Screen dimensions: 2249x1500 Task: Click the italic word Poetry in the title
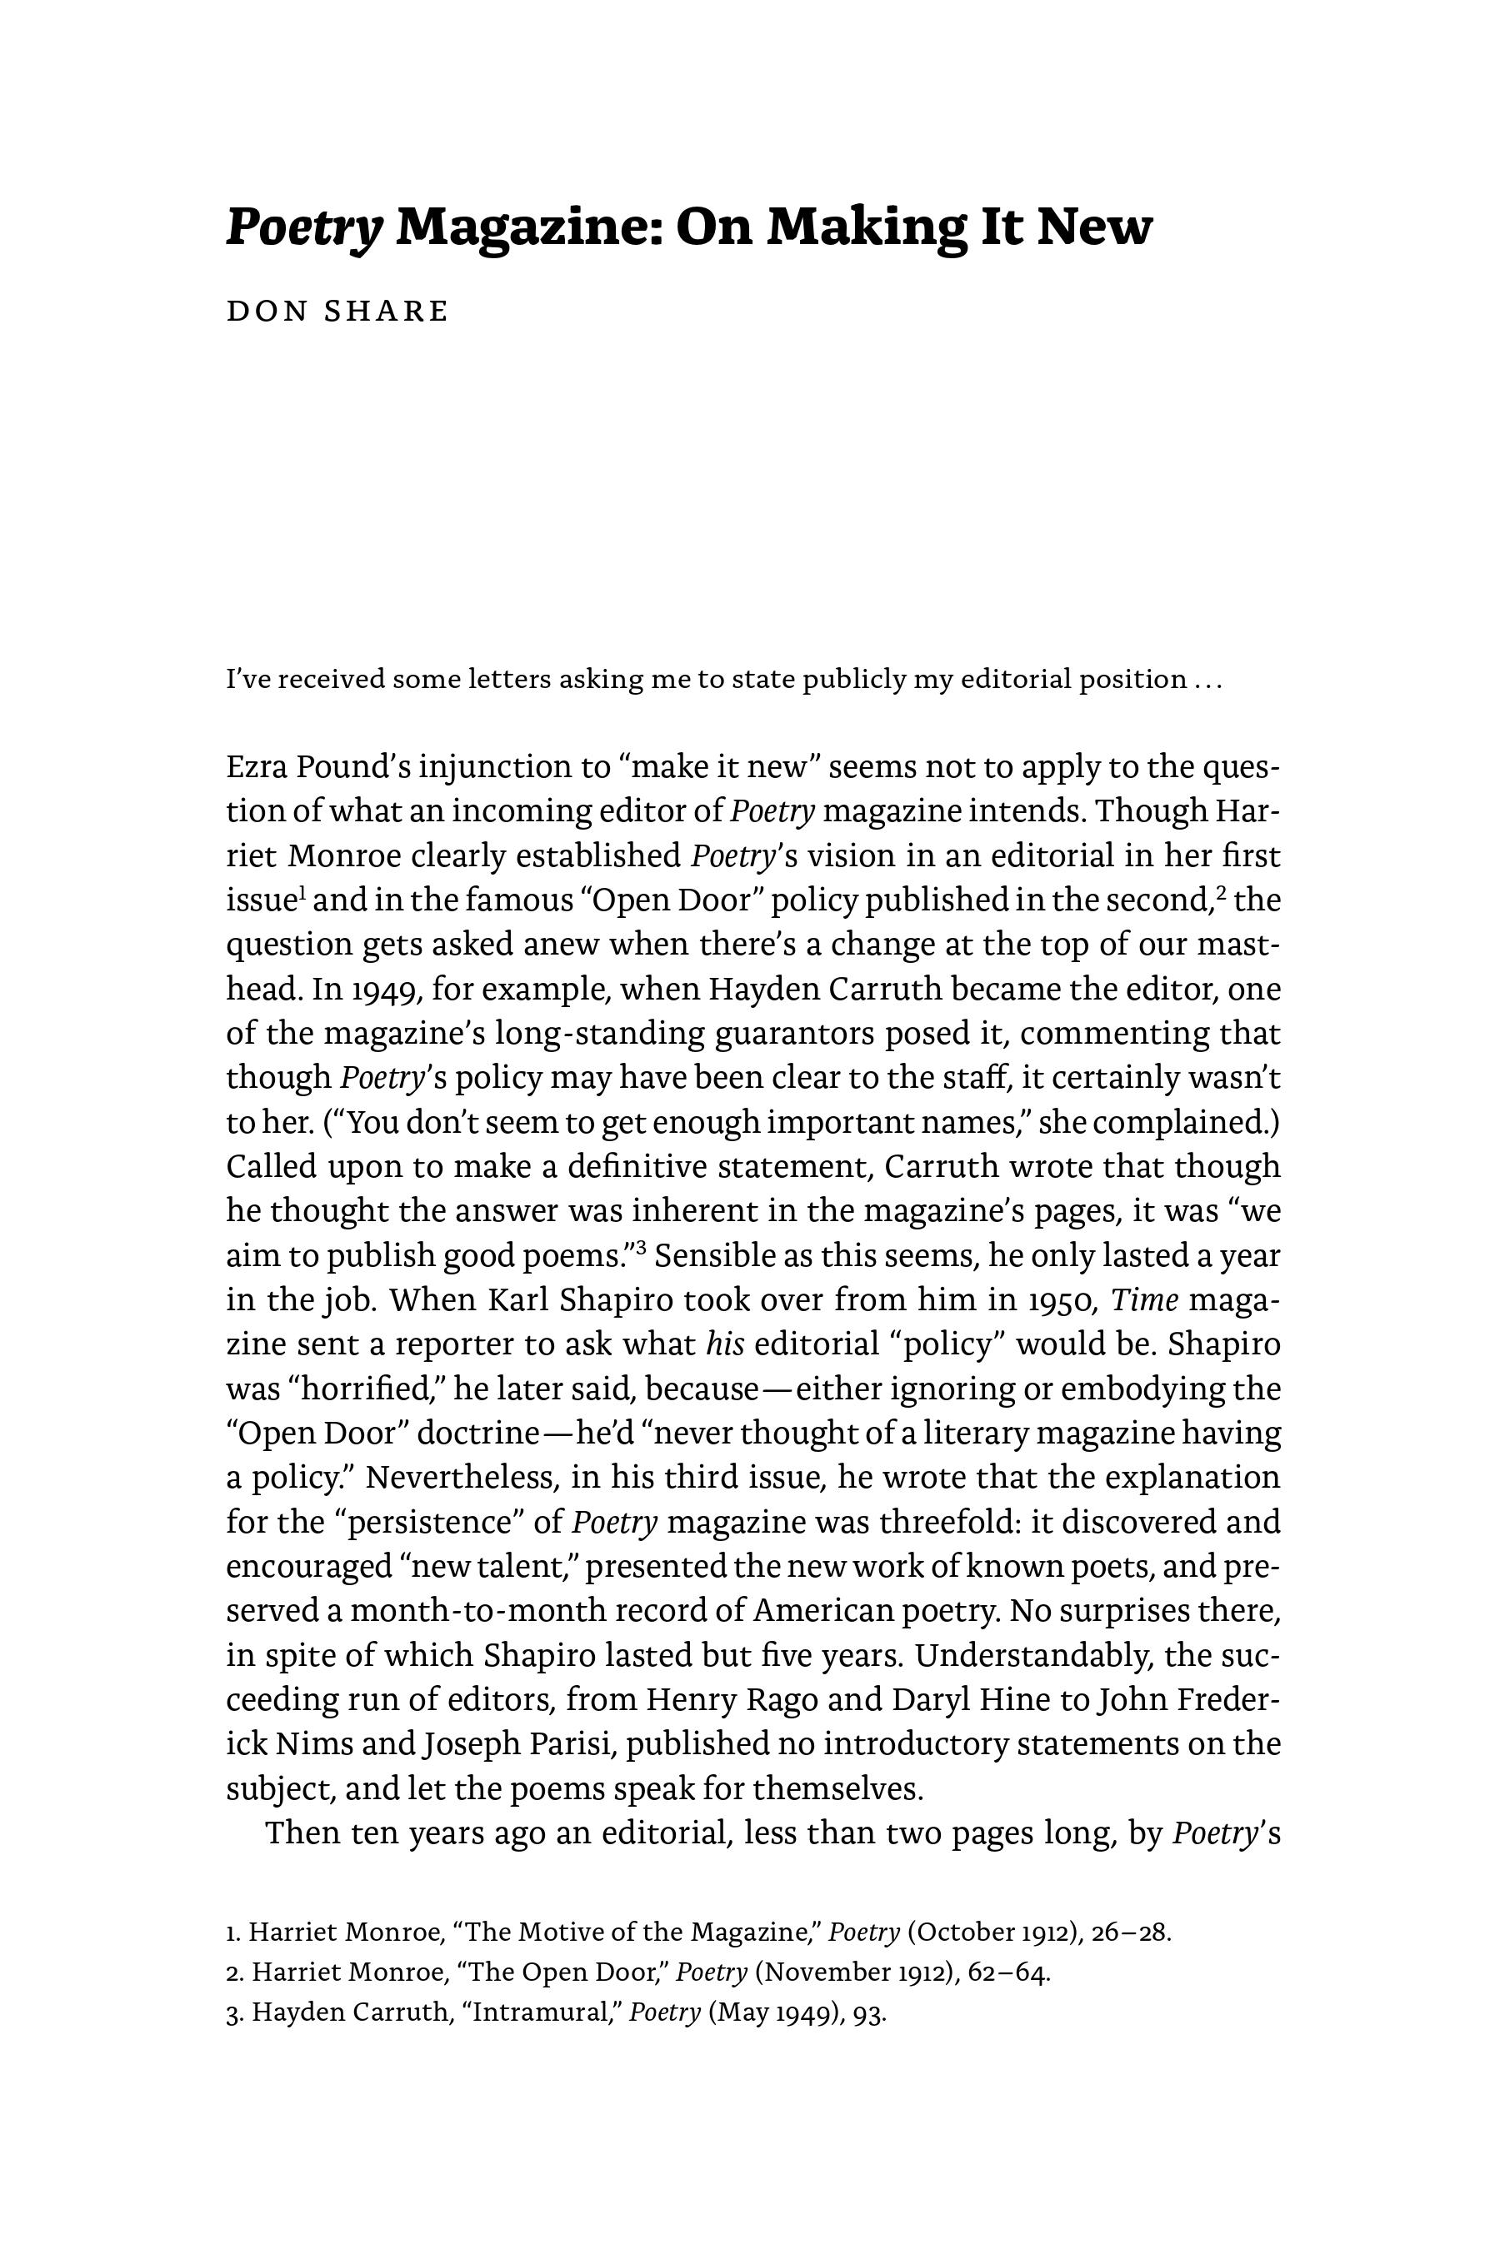point(303,228)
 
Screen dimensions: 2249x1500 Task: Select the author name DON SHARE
point(337,312)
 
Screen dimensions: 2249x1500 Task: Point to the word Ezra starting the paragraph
point(257,767)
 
